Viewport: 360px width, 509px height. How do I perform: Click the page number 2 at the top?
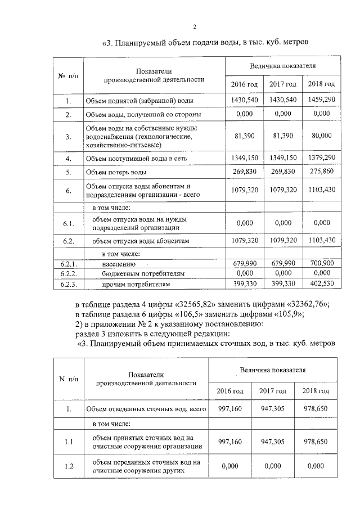pyautogui.click(x=194, y=26)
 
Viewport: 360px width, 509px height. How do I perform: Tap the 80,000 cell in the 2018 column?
pyautogui.click(x=322, y=136)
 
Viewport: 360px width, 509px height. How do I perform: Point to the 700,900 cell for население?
pyautogui.click(x=322, y=263)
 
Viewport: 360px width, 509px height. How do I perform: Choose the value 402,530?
pyautogui.click(x=322, y=284)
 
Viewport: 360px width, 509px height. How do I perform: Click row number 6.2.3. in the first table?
pyautogui.click(x=68, y=284)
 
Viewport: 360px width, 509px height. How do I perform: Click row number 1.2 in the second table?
pyautogui.click(x=69, y=466)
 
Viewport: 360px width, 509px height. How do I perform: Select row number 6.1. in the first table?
pyautogui.click(x=68, y=223)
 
